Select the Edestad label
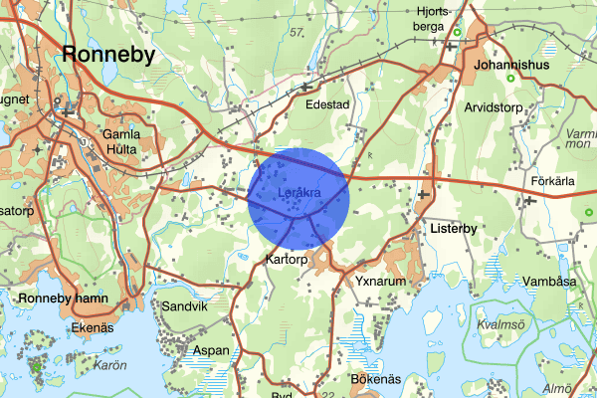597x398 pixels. [328, 103]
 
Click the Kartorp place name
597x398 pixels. [290, 259]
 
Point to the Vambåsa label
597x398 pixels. [549, 282]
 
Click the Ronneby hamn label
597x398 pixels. [70, 298]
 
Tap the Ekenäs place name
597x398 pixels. [96, 325]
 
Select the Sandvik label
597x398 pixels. [184, 307]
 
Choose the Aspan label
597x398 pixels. [210, 350]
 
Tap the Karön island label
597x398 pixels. [109, 364]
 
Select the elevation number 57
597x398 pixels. [296, 34]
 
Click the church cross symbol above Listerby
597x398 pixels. [426, 193]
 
